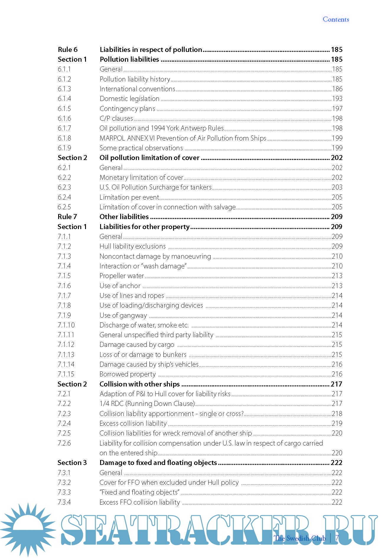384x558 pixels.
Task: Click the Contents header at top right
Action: click(336, 19)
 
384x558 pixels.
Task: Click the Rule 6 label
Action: click(68, 50)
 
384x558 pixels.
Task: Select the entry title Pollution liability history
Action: click(135, 79)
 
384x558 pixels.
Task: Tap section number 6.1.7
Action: click(64, 128)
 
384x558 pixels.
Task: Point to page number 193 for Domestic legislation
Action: click(337, 99)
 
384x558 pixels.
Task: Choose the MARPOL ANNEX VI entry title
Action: click(183, 138)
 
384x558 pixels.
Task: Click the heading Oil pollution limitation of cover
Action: click(149, 158)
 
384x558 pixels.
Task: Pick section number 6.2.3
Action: click(64, 187)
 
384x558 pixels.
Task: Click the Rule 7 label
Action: click(67, 217)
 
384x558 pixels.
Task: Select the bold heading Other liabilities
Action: click(124, 217)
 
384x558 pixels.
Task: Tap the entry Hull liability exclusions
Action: click(133, 246)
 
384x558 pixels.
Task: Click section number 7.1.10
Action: click(66, 325)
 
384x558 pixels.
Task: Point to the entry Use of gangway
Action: click(123, 315)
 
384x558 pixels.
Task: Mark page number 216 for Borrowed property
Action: click(337, 374)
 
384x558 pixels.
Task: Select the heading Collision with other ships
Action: click(139, 384)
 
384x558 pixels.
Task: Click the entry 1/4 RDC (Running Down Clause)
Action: click(147, 404)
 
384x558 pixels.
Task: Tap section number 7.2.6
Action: click(64, 443)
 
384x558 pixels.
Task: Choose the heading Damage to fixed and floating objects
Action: click(158, 463)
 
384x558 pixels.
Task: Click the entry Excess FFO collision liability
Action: click(140, 502)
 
